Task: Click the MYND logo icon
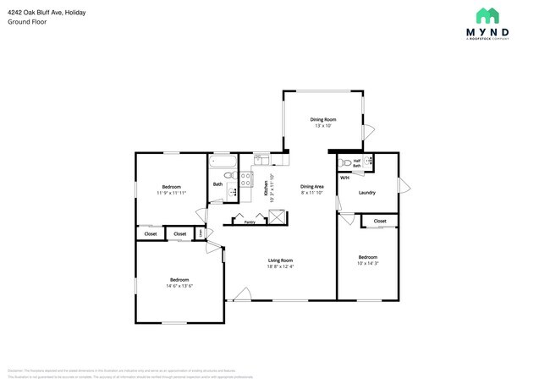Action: pos(486,15)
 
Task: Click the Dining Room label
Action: pos(324,120)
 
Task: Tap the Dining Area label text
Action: pos(312,186)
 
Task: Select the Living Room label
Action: pos(280,260)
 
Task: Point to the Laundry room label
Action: pos(366,192)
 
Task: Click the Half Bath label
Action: pos(357,162)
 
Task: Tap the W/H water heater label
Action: pos(344,178)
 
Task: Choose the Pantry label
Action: pos(250,222)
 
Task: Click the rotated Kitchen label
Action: pos(266,188)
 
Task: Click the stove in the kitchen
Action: pos(245,178)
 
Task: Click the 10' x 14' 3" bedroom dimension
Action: pos(367,263)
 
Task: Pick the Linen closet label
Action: pos(200,233)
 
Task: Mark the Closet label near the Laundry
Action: pos(380,221)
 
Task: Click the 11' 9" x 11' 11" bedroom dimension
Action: pos(171,192)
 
